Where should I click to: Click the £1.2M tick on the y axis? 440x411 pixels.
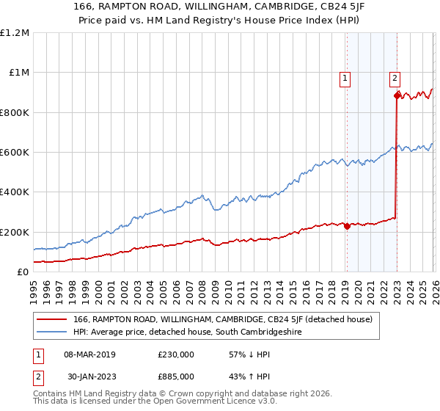pyautogui.click(x=15, y=33)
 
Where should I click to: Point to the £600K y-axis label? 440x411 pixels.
pyautogui.click(x=15, y=153)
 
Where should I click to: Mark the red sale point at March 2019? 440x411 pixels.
pyautogui.click(x=347, y=226)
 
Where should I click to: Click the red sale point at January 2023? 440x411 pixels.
pyautogui.click(x=397, y=95)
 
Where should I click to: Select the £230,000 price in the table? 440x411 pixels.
pyautogui.click(x=176, y=354)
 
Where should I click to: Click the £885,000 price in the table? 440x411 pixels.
pyautogui.click(x=176, y=377)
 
